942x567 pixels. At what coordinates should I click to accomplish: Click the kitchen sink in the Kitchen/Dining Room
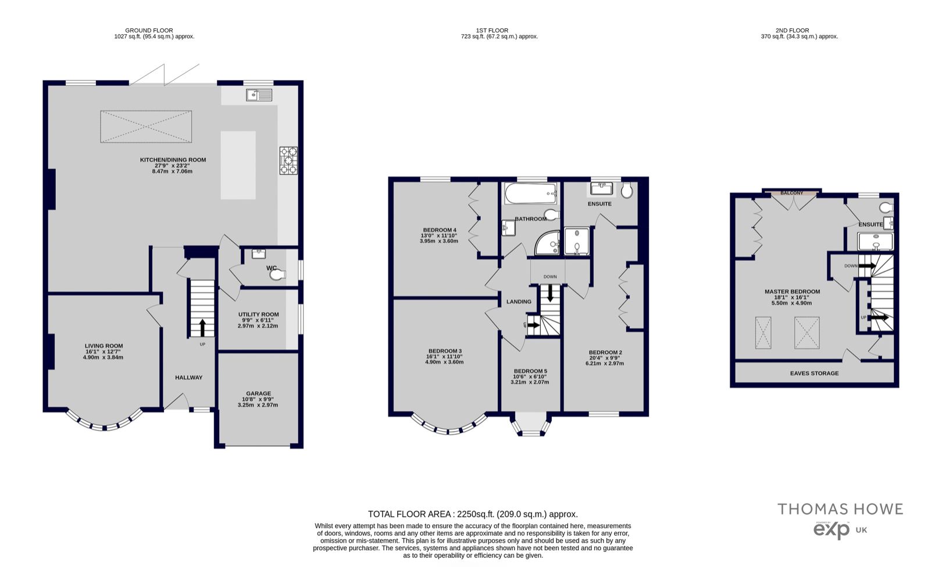(x=259, y=95)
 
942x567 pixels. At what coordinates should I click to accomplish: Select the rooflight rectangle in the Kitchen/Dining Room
(x=146, y=127)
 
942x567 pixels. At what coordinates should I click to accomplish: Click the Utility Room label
(x=258, y=314)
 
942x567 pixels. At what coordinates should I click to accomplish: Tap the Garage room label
(x=258, y=393)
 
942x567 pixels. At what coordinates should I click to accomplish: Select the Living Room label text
(x=104, y=346)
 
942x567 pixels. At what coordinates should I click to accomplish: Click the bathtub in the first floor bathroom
(x=531, y=193)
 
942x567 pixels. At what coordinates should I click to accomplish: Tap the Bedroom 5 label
(x=530, y=371)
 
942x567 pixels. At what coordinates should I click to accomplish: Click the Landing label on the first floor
(x=519, y=302)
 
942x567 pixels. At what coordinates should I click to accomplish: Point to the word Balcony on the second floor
(x=791, y=193)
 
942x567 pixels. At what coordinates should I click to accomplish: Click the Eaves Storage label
(x=814, y=373)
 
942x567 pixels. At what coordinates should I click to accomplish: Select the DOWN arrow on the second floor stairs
(x=867, y=266)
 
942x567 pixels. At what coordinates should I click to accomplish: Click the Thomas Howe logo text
(x=840, y=509)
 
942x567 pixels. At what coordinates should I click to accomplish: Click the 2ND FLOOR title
(x=792, y=30)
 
